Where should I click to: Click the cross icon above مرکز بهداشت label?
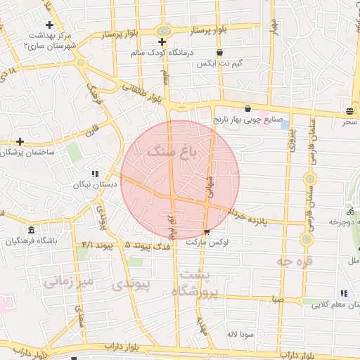click(x=49, y=25)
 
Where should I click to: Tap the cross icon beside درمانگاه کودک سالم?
click(x=162, y=42)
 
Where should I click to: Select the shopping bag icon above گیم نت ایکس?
click(x=219, y=52)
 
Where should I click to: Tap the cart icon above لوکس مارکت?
click(x=206, y=231)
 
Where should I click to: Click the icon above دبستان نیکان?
click(x=95, y=174)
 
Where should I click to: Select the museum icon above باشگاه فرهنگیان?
click(x=31, y=231)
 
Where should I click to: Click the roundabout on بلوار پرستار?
click(x=164, y=31)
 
